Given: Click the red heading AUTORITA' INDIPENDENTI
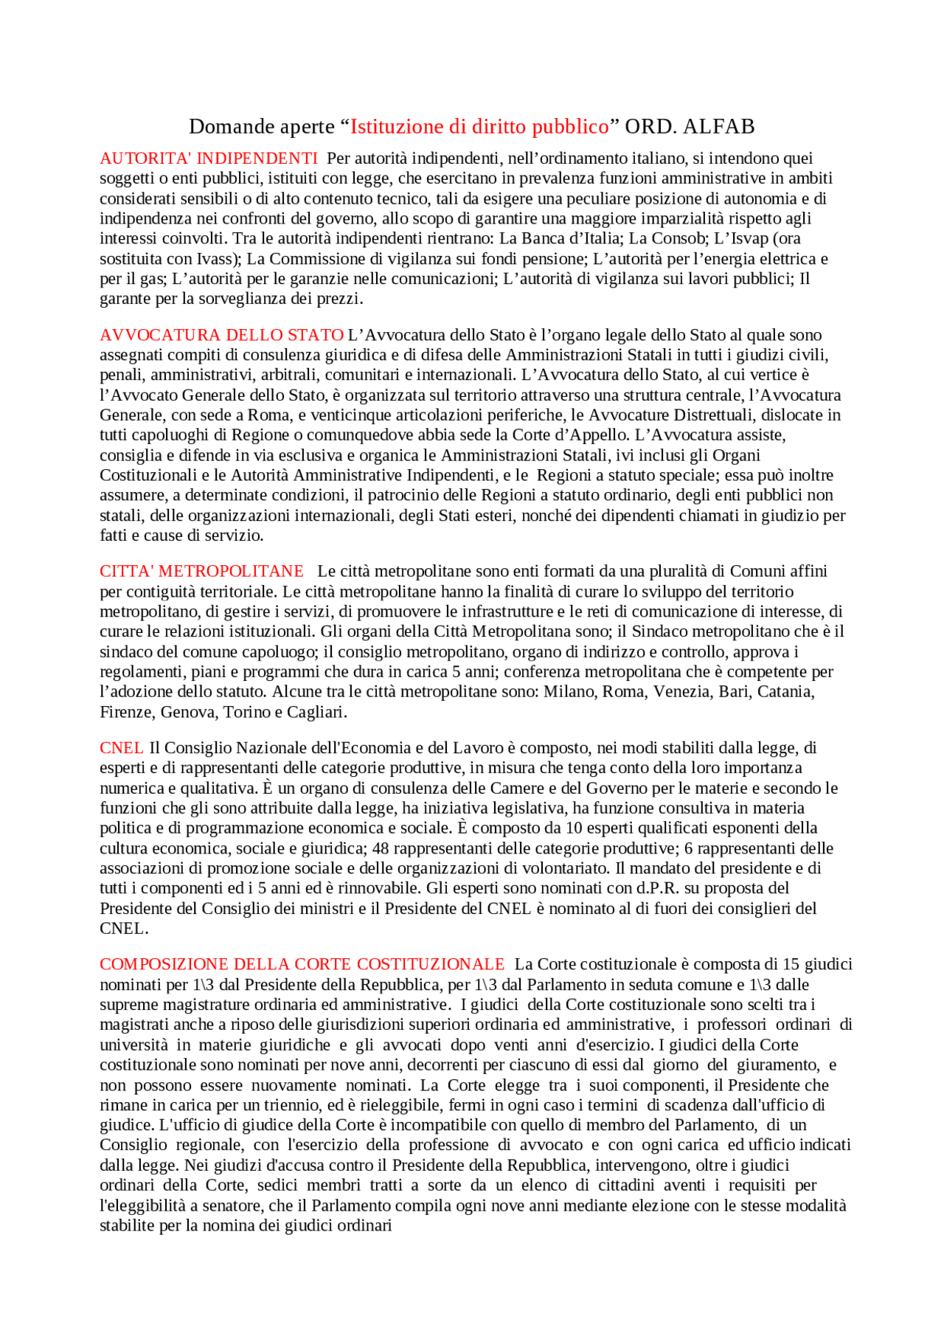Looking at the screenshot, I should coord(209,159).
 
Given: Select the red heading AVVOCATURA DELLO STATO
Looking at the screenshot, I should coord(221,335).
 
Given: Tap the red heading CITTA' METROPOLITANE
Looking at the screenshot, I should coord(201,571).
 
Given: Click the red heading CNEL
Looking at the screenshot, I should coord(122,748).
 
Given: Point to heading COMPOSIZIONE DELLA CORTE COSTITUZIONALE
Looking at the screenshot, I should coord(302,964).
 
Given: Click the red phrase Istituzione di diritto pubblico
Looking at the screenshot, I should coord(479,127).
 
